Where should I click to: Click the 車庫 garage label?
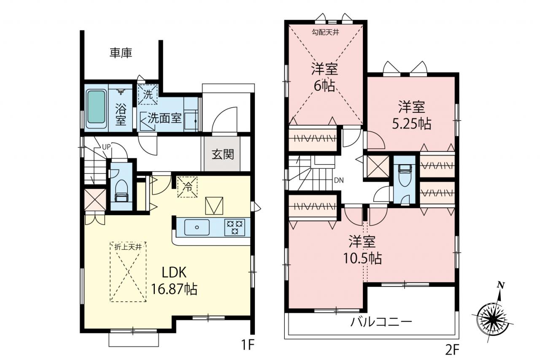[121, 53]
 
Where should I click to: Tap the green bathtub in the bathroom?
[96, 107]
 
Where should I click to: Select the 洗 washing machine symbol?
[148, 94]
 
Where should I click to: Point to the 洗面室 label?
[165, 118]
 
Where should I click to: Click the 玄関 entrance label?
[223, 154]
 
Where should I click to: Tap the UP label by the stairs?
[106, 146]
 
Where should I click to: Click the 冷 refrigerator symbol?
[187, 187]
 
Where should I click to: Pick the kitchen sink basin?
[197, 227]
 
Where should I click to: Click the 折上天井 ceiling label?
[128, 247]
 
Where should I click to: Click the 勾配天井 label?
[326, 32]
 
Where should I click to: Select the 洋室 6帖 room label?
[324, 77]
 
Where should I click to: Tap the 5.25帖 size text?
[412, 124]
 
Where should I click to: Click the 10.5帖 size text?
[362, 258]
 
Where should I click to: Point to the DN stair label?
[339, 180]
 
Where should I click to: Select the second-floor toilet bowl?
[405, 178]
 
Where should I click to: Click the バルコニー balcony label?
[381, 322]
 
